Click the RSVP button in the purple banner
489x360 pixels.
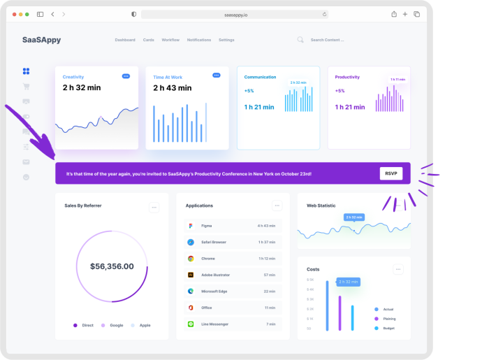tap(391, 173)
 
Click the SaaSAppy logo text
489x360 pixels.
tap(41, 40)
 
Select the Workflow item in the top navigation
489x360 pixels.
tap(170, 40)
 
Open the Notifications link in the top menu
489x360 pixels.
tap(199, 40)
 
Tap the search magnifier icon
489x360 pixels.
tap(300, 40)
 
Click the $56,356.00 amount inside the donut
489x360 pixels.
tap(112, 266)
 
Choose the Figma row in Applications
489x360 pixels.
tap(233, 226)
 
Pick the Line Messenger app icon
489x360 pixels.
tap(190, 324)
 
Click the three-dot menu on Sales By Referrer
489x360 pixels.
tap(154, 207)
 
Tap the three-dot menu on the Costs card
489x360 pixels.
tap(398, 269)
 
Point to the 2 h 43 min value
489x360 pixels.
tap(172, 88)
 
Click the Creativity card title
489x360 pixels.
tap(73, 77)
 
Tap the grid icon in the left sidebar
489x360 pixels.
tap(26, 71)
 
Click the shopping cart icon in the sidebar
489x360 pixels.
tap(26, 87)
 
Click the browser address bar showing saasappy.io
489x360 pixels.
tap(235, 14)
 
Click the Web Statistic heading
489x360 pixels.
tap(321, 206)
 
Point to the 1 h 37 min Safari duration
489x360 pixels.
tap(266, 242)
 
